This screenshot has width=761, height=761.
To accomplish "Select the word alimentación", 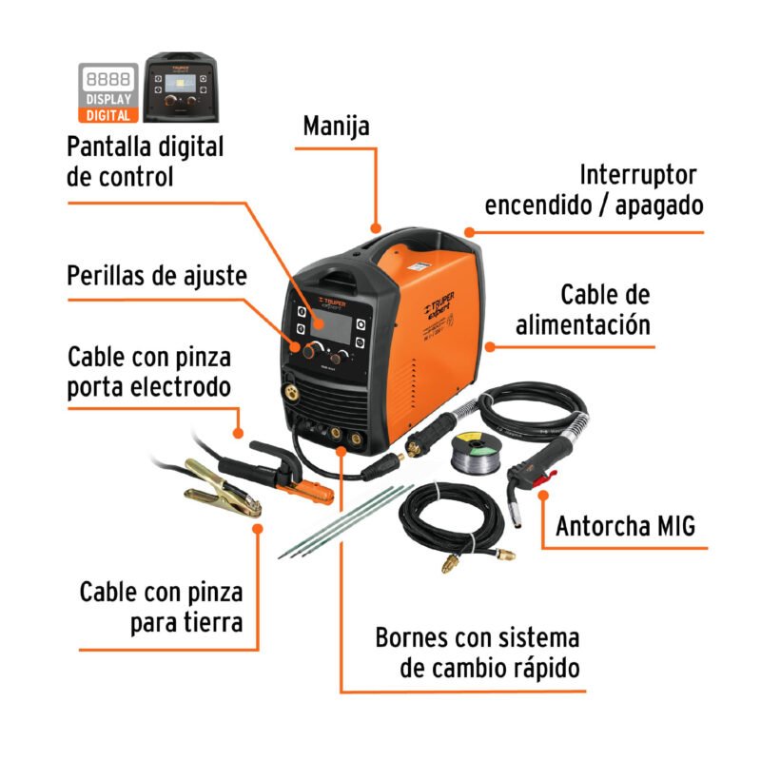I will tap(583, 323).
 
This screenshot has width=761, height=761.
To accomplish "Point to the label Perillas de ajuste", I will tap(157, 276).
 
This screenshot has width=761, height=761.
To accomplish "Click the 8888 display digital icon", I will tap(107, 92).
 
